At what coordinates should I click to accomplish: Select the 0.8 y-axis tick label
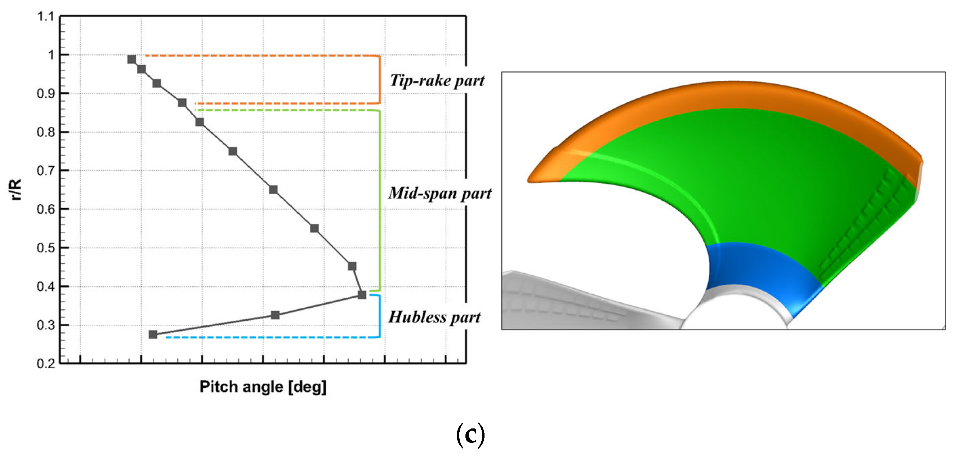pyautogui.click(x=46, y=132)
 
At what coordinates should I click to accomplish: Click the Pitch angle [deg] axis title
pyautogui.click(x=263, y=387)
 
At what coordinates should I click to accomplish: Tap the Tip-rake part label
pyautogui.click(x=437, y=81)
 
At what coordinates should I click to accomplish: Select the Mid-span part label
pyautogui.click(x=440, y=194)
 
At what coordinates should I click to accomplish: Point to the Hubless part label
pyautogui.click(x=434, y=317)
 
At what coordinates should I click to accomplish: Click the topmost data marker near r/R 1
pyautogui.click(x=131, y=59)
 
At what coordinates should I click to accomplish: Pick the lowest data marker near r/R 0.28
pyautogui.click(x=153, y=334)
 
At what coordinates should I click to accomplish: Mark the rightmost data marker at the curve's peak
pyautogui.click(x=362, y=295)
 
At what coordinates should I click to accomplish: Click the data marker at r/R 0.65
pyautogui.click(x=273, y=190)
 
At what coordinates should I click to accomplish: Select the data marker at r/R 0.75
pyautogui.click(x=232, y=151)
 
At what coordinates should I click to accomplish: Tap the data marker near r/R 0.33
pyautogui.click(x=275, y=315)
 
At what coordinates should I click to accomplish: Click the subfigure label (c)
pyautogui.click(x=470, y=435)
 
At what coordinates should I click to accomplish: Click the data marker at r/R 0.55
pyautogui.click(x=314, y=228)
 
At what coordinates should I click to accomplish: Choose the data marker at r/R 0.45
pyautogui.click(x=352, y=266)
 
